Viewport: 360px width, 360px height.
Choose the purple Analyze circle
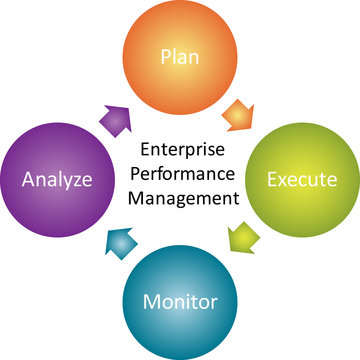pyautogui.click(x=59, y=180)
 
